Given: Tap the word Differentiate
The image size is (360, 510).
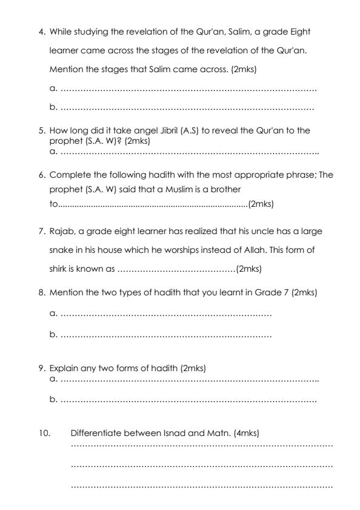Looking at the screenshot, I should tap(99, 432).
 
